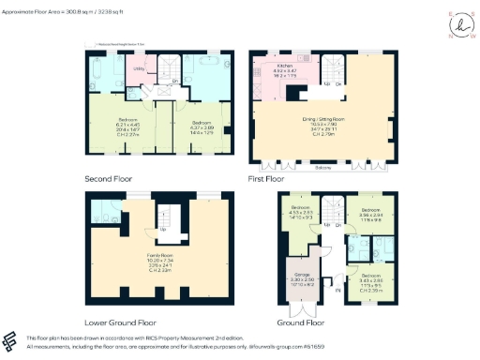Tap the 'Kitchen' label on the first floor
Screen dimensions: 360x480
point(285,64)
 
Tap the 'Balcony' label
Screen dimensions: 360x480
point(322,169)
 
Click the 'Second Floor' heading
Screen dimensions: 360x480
point(109,176)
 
